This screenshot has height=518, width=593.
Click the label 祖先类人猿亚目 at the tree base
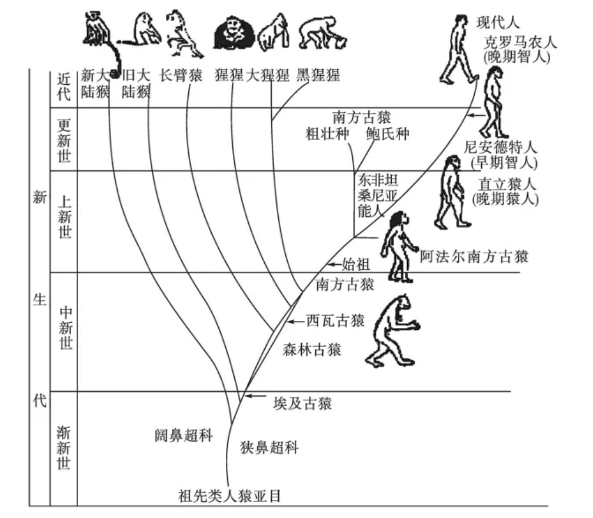point(229,496)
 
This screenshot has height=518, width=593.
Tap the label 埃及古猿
point(302,404)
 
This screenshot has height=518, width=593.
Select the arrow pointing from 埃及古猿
point(256,396)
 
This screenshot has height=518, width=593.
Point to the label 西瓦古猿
point(335,321)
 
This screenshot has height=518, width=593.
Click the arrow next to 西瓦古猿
point(296,322)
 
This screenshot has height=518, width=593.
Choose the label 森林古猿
point(312,350)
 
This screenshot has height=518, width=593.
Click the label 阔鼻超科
point(184,436)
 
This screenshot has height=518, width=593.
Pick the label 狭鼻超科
point(269,447)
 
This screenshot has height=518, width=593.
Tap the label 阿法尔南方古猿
point(474,257)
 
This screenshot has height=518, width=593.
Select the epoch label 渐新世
point(64,448)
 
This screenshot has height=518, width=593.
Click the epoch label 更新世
point(64,141)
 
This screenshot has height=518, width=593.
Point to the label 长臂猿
point(181,76)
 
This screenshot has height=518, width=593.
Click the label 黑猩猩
point(318,75)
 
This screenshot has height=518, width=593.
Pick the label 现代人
point(498,23)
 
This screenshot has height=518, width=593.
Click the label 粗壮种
point(328,134)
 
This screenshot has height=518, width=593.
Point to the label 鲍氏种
point(388,134)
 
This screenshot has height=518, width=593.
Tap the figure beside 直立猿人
point(452,192)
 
